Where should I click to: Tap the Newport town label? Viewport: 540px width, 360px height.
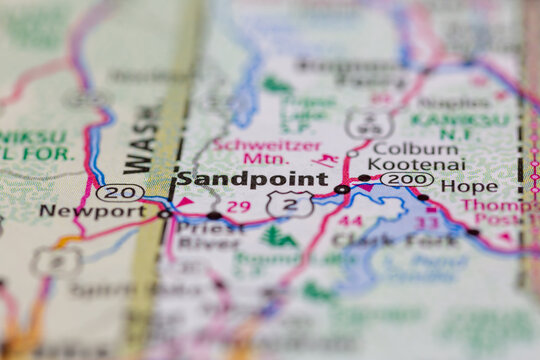point(79,211)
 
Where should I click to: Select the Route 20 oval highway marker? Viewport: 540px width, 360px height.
point(121,192)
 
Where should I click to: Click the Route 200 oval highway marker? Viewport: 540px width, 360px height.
point(407,180)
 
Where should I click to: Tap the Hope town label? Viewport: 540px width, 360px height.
point(468,186)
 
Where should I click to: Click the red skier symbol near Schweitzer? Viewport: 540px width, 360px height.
point(324,160)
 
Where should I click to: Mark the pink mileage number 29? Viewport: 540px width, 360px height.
point(238,206)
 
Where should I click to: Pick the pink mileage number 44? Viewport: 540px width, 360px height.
point(350,220)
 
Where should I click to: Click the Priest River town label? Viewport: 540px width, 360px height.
point(209,235)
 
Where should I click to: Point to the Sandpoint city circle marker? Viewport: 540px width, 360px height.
point(342,188)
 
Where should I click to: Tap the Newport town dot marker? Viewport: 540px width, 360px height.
point(164,213)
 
